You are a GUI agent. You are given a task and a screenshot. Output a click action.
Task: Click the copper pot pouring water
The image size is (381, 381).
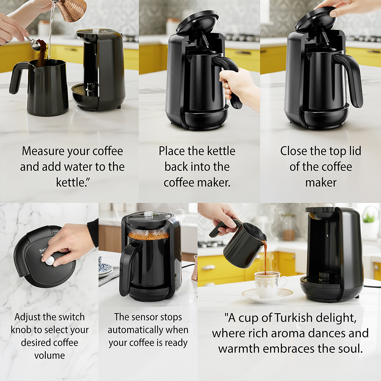coord(73,10)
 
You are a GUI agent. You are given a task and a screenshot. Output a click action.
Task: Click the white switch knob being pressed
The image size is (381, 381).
coord(50,261)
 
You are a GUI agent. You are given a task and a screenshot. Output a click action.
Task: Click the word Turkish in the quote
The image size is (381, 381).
coord(293,318)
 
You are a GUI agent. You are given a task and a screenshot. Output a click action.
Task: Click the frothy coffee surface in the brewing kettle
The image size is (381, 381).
coord(149,235)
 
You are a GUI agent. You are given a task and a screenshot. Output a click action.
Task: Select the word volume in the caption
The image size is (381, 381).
coord(50,355)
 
